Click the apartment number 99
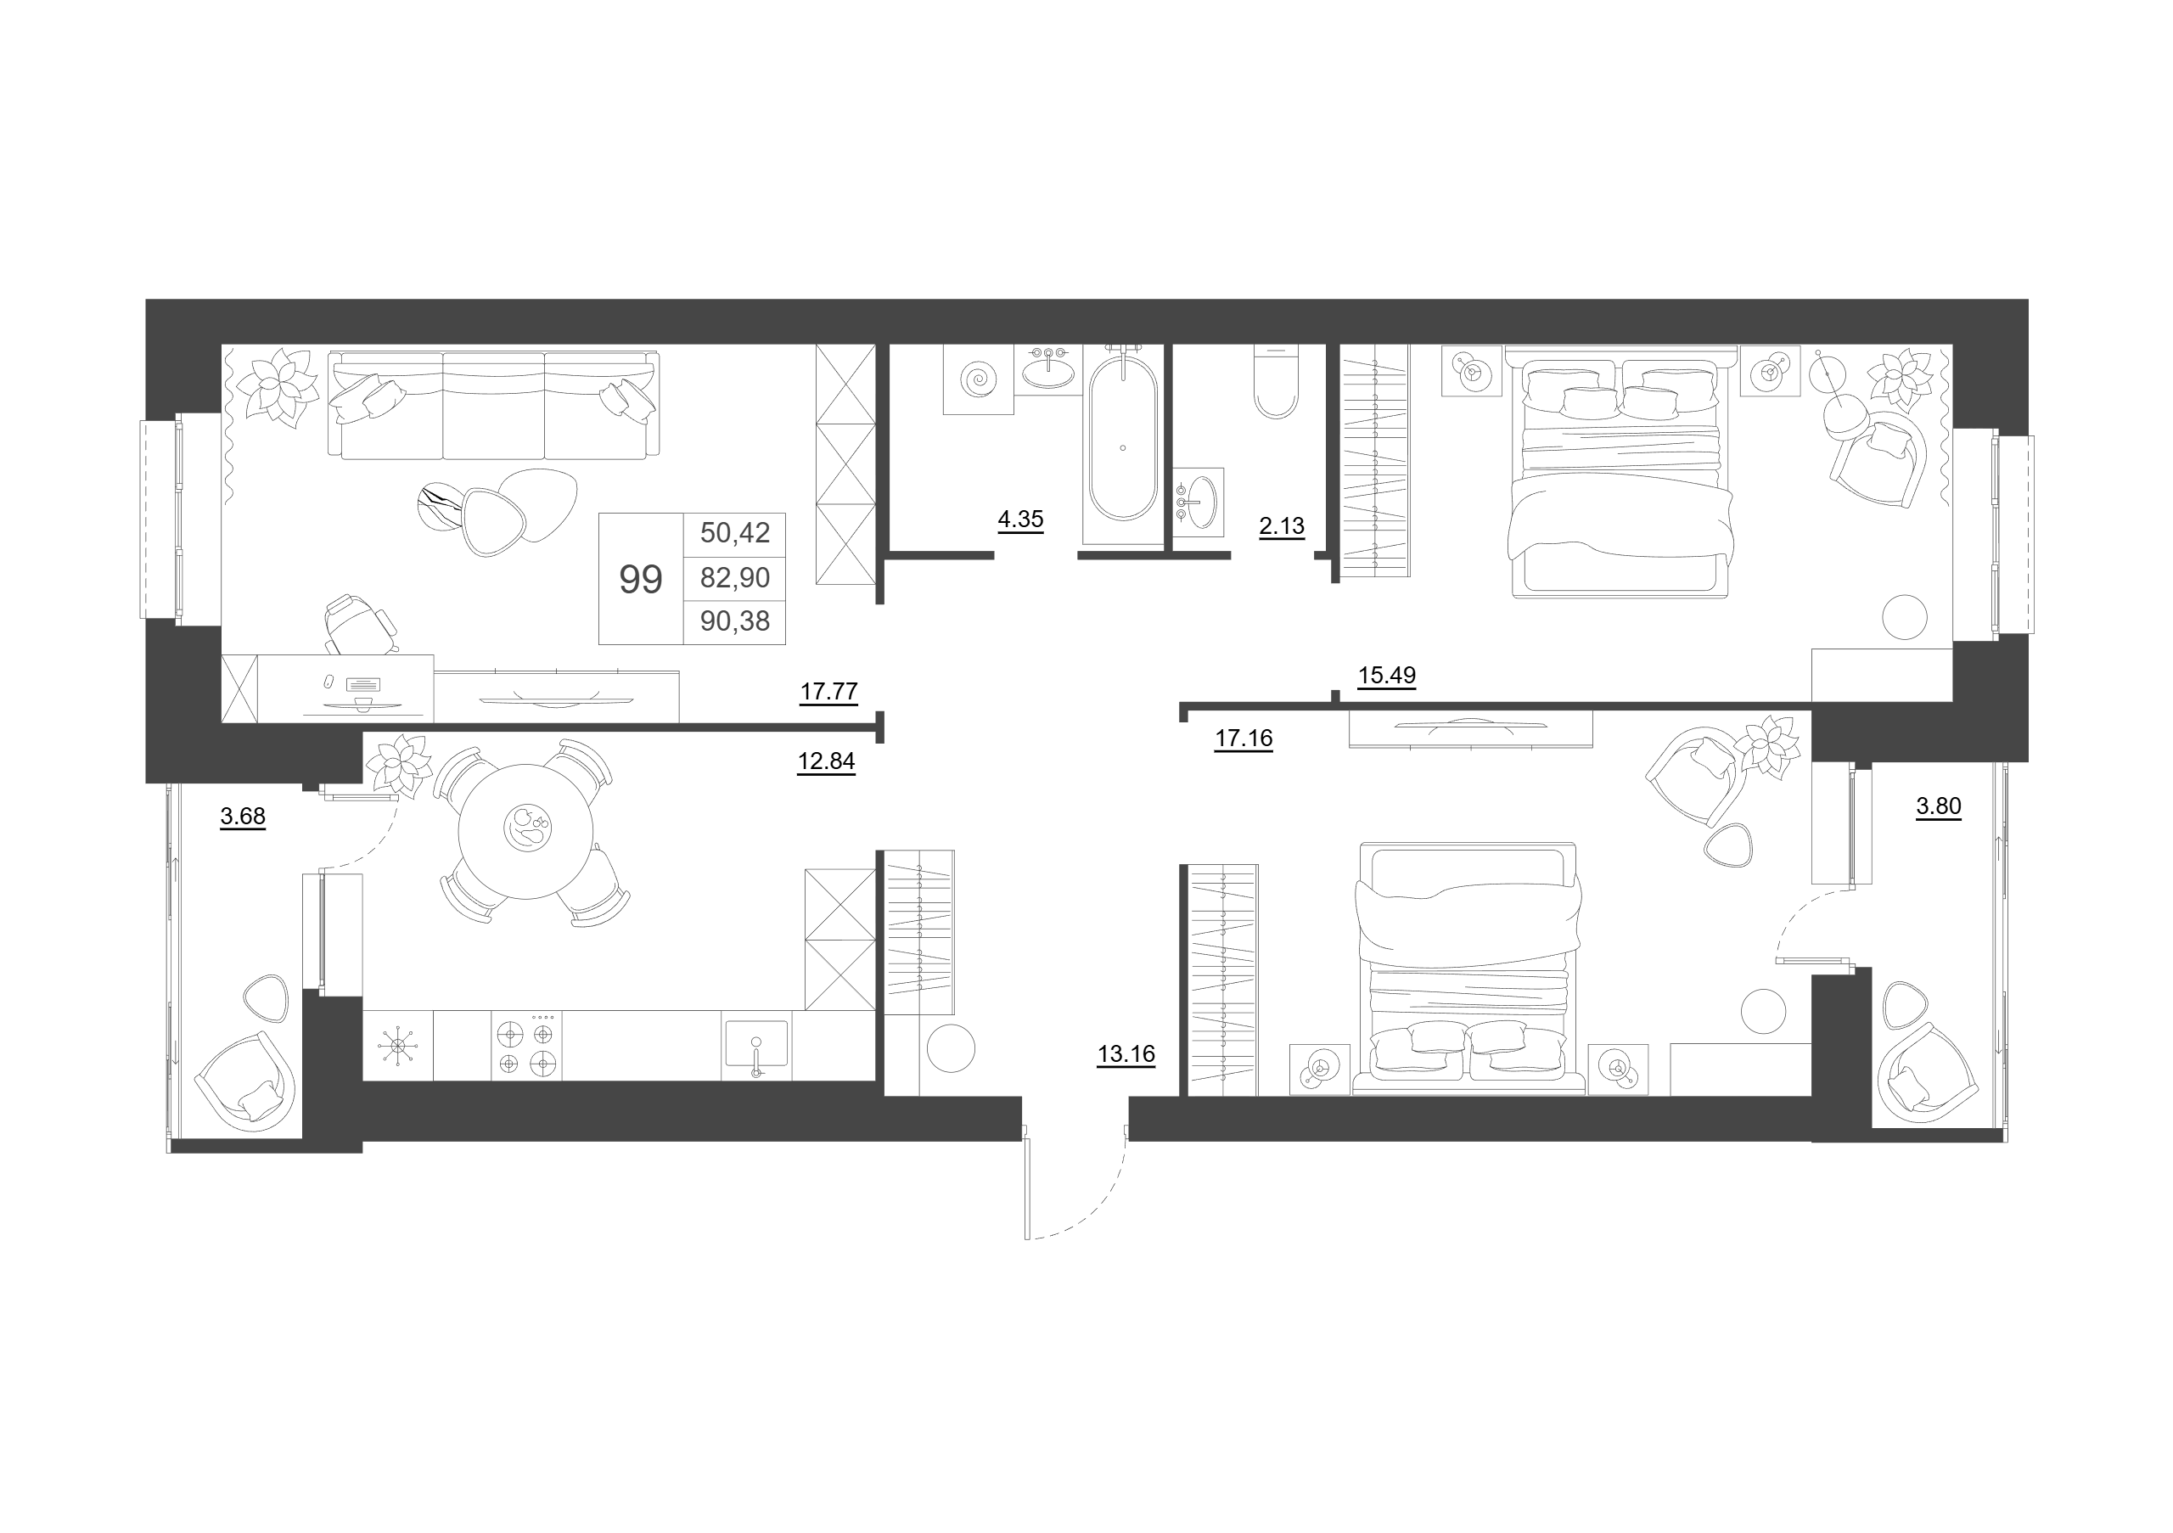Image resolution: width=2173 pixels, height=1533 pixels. pyautogui.click(x=641, y=579)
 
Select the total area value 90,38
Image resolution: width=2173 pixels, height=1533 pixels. pyautogui.click(x=734, y=621)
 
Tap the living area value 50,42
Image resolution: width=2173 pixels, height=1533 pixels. pyautogui.click(x=734, y=533)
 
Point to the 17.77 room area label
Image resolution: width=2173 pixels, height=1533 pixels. pyautogui.click(x=829, y=692)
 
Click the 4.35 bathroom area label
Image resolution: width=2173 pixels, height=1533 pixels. pyautogui.click(x=1020, y=519)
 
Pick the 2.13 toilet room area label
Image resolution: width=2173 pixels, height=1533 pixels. pyautogui.click(x=1282, y=526)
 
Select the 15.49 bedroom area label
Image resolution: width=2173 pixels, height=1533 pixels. pyautogui.click(x=1386, y=676)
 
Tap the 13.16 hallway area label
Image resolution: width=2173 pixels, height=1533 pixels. pyautogui.click(x=1126, y=1054)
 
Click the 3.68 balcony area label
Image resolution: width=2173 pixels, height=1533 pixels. pyautogui.click(x=242, y=817)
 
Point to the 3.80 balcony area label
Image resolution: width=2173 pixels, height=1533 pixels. pyautogui.click(x=1938, y=807)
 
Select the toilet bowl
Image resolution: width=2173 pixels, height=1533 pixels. pyautogui.click(x=1276, y=381)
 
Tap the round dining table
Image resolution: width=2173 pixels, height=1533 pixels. pyautogui.click(x=526, y=832)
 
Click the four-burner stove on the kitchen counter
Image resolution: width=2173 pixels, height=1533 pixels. pyautogui.click(x=526, y=1046)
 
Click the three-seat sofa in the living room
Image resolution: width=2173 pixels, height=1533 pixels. pyautogui.click(x=493, y=405)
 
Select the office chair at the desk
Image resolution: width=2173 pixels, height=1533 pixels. pyautogui.click(x=357, y=624)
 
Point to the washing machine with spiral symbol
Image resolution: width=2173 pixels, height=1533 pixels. pyautogui.click(x=979, y=379)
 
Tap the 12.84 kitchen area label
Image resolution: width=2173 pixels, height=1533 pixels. pyautogui.click(x=826, y=761)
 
